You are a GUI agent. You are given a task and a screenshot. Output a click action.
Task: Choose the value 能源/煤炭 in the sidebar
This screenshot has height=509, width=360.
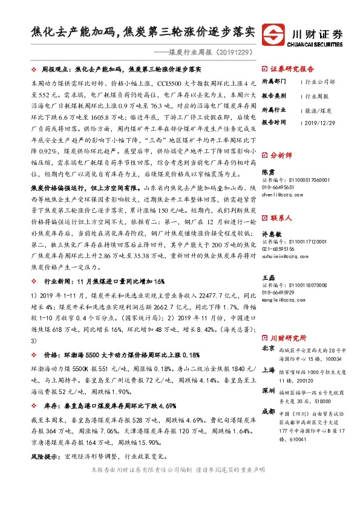pos(318,110)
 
